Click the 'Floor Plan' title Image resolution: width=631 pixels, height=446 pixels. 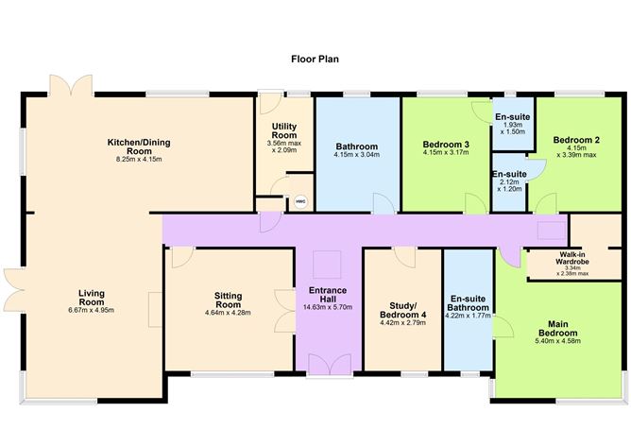click(x=315, y=59)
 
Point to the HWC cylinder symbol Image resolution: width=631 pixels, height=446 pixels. click(x=300, y=200)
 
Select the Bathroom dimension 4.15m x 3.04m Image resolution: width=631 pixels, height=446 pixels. click(x=357, y=157)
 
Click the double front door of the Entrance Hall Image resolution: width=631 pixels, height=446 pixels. click(x=329, y=364)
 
